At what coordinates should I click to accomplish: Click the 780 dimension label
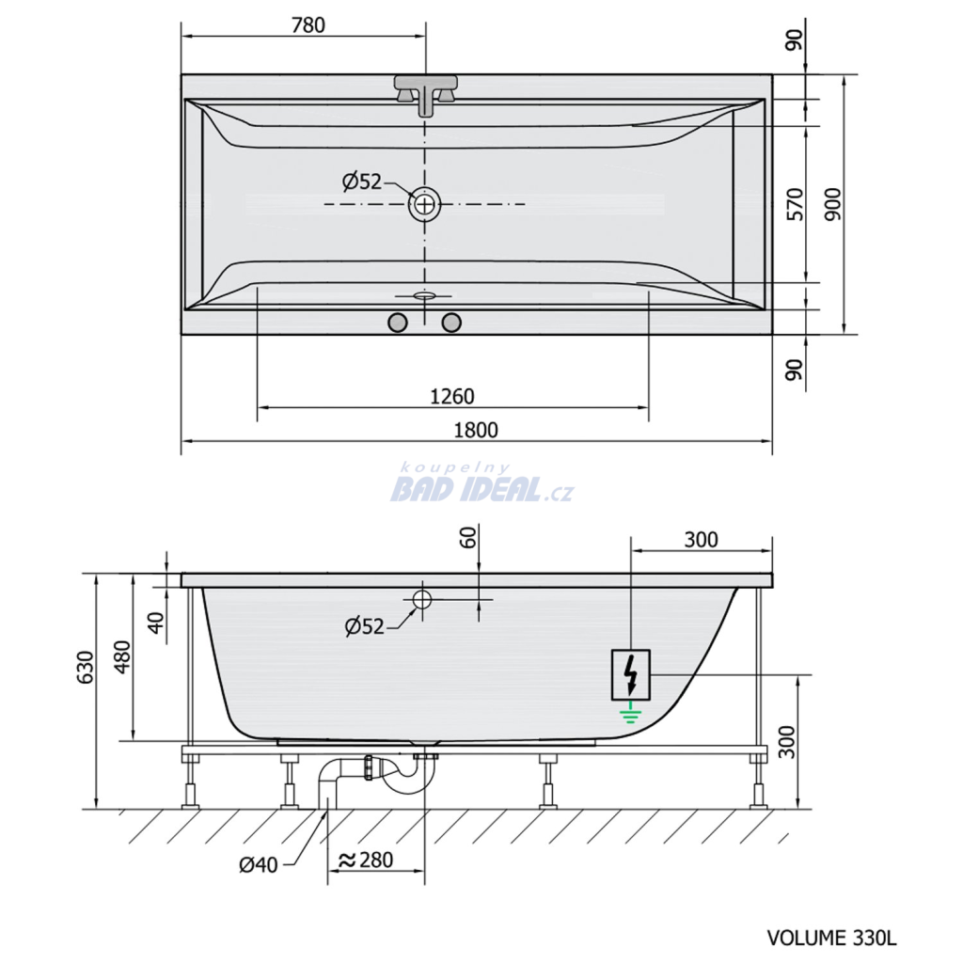coord(308,25)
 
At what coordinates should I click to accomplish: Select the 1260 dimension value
coord(452,397)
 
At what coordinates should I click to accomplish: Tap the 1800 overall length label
coord(475,430)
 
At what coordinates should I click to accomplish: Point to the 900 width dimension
coord(833,204)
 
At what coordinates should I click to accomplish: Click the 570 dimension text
coord(796,204)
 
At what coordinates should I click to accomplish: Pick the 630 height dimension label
coord(86,667)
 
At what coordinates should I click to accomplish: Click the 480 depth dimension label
coord(123,656)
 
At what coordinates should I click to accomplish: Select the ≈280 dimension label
coord(366,860)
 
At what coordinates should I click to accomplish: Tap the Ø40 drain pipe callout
coord(259,865)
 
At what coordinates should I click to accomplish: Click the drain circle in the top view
coord(424,204)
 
